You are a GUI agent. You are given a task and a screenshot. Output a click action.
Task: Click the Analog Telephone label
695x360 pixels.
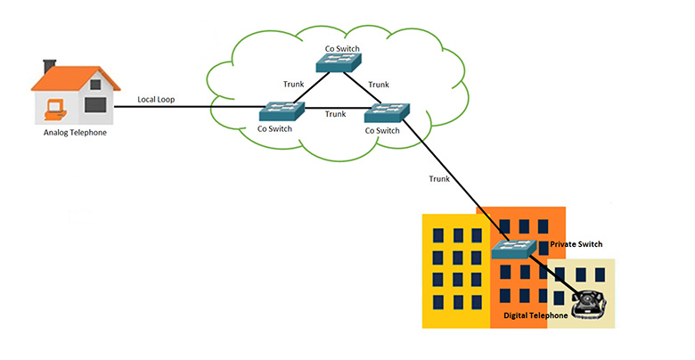pos(78,134)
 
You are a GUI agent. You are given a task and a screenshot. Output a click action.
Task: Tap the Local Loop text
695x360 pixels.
pos(157,100)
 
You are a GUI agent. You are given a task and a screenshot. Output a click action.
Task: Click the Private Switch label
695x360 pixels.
pos(577,242)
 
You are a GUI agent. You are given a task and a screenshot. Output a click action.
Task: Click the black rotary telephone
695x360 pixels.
pos(587,304)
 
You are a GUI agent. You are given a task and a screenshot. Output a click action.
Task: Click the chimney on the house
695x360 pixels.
pos(50,66)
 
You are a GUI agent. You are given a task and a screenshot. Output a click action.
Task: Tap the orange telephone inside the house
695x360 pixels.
pos(55,110)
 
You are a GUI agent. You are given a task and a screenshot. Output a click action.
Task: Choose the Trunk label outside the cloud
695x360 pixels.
pos(439,179)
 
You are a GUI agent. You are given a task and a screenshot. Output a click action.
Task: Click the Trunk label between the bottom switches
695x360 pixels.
pos(335,114)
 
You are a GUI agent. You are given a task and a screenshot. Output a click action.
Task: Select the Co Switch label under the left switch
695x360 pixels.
pos(274,130)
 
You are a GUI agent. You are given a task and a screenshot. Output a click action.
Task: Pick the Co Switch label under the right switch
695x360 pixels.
pos(381,131)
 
